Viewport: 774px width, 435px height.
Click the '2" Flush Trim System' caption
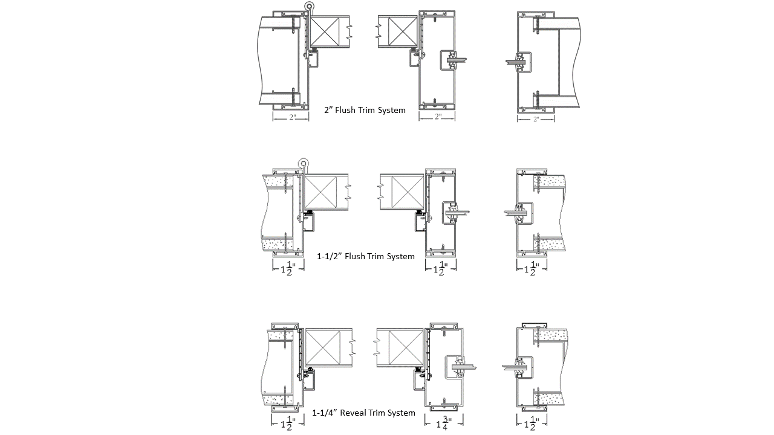(365, 110)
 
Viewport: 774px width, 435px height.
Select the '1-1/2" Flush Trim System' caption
(366, 256)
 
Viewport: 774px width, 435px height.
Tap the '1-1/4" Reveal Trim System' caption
(363, 413)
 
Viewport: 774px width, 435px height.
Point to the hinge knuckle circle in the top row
(309, 6)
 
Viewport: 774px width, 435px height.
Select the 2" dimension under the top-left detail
(291, 117)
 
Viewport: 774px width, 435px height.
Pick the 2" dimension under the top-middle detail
(437, 117)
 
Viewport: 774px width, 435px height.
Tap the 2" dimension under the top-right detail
(536, 120)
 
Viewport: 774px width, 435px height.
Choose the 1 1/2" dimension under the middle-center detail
(441, 268)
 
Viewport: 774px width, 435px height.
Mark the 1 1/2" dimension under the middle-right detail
(532, 268)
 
